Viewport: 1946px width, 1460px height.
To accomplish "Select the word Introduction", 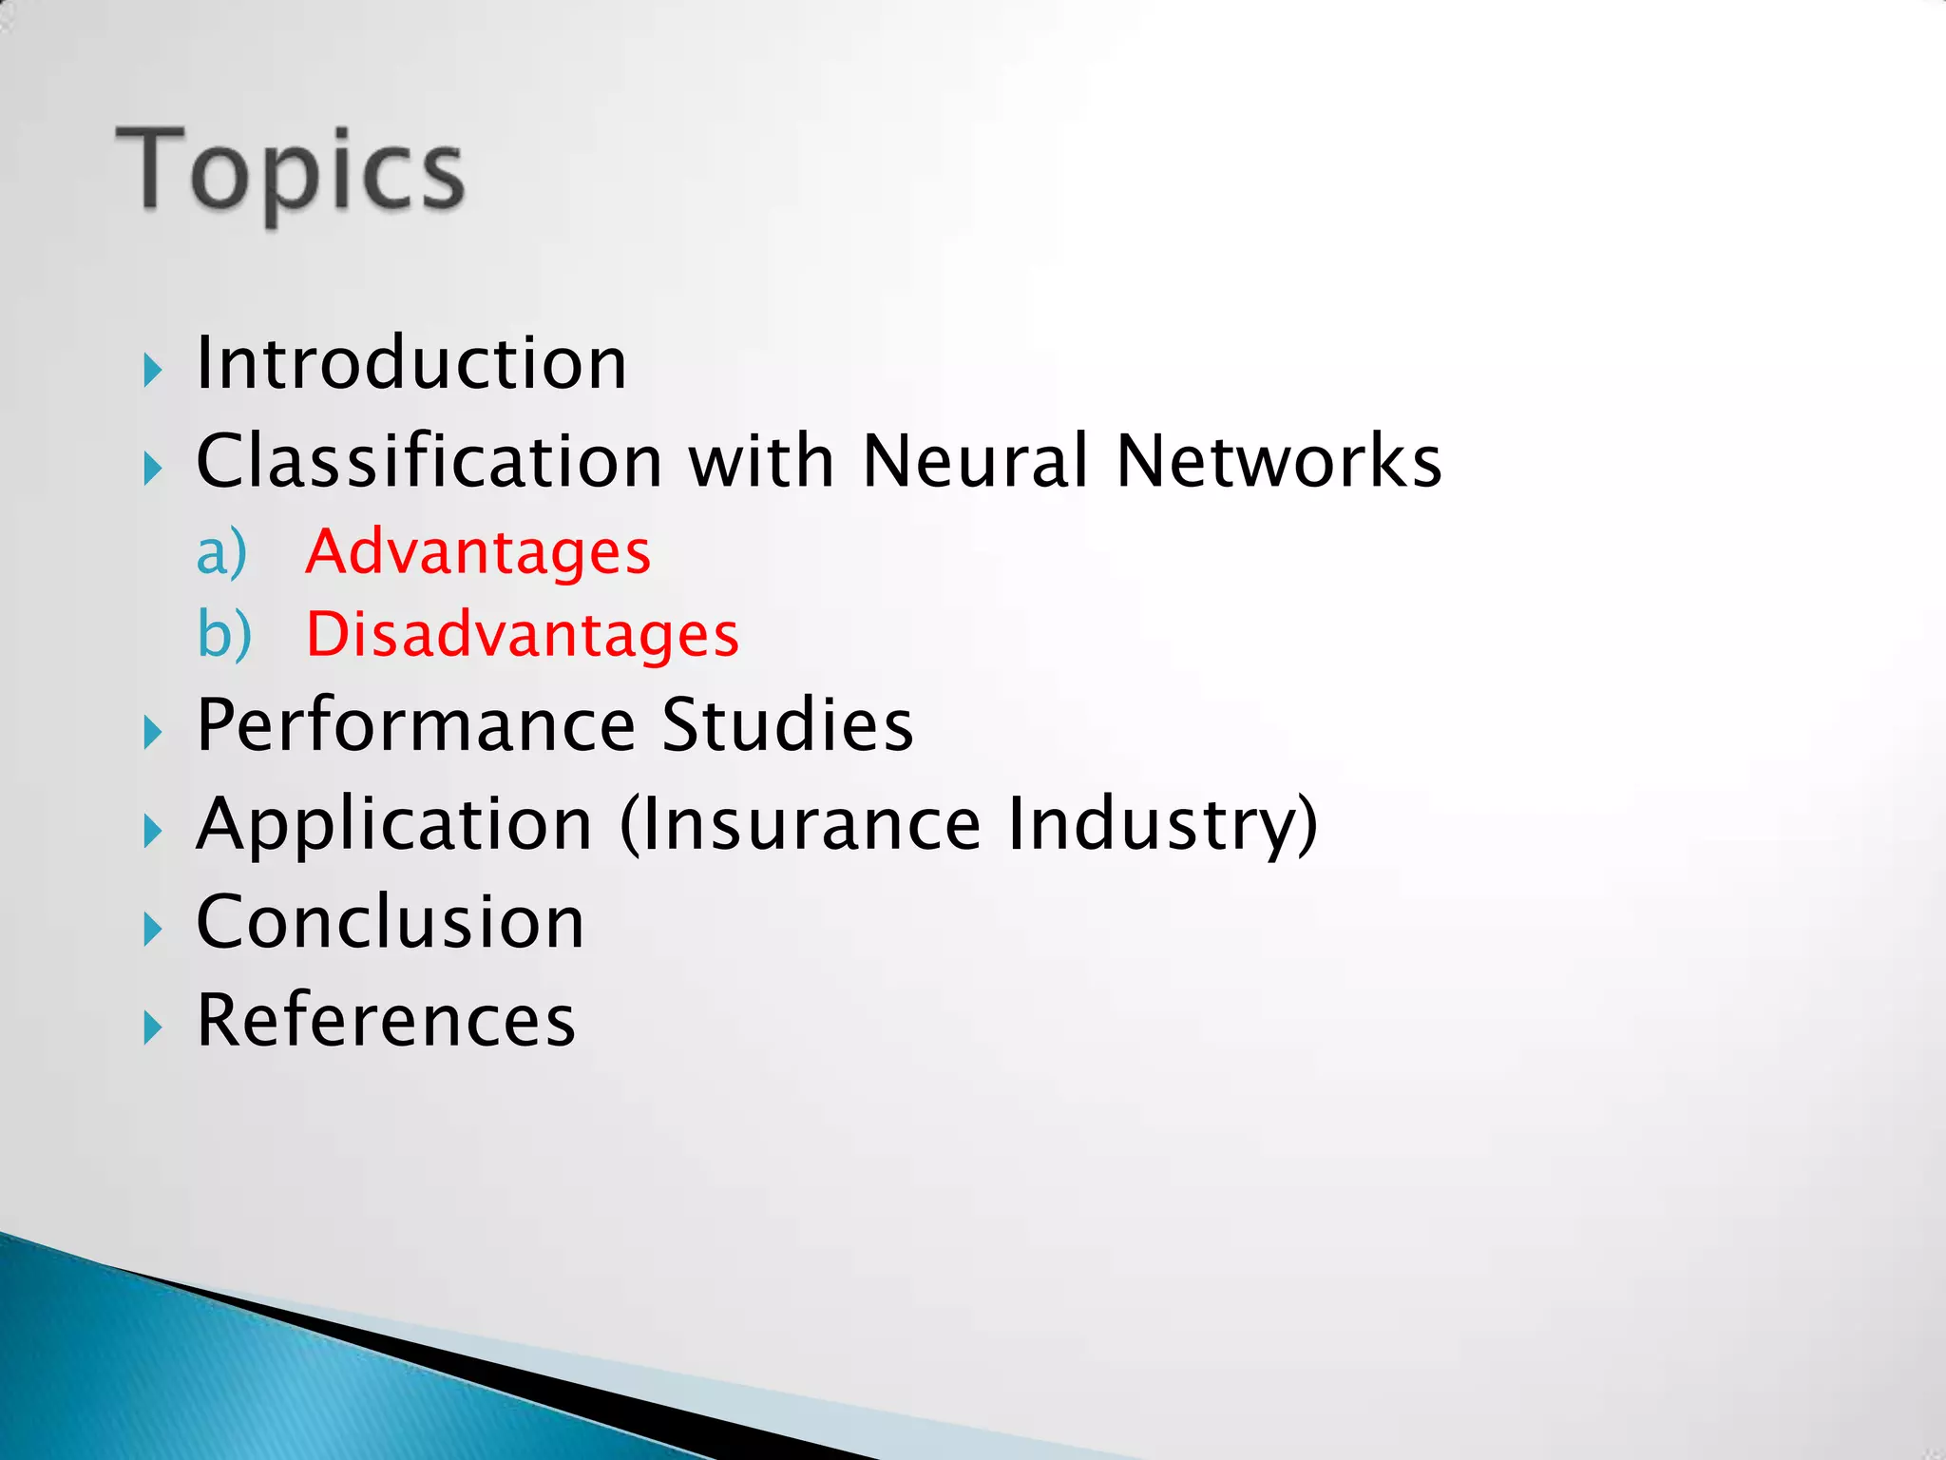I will [410, 363].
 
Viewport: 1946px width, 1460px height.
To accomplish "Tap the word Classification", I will [429, 461].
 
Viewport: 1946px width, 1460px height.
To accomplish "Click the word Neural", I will [974, 461].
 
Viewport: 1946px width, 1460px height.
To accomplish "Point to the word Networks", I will [1278, 461].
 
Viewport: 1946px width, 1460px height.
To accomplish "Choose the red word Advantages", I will [478, 552].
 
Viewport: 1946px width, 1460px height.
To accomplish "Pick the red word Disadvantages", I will [522, 634].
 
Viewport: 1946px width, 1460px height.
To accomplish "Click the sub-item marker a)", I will [221, 552].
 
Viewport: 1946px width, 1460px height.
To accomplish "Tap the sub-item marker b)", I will [224, 634].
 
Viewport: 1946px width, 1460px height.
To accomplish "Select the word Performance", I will [415, 725].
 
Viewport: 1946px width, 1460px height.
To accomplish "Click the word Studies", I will [787, 725].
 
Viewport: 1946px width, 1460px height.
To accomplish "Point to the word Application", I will [394, 825].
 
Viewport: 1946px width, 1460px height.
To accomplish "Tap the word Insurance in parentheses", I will [808, 823].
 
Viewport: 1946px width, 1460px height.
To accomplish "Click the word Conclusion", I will [391, 922].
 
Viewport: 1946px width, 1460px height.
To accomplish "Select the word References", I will [386, 1020].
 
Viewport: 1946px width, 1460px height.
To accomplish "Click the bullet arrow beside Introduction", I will [153, 370].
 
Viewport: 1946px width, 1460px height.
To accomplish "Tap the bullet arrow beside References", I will [153, 1028].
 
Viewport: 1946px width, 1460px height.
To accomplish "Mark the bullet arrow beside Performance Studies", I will [153, 733].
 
